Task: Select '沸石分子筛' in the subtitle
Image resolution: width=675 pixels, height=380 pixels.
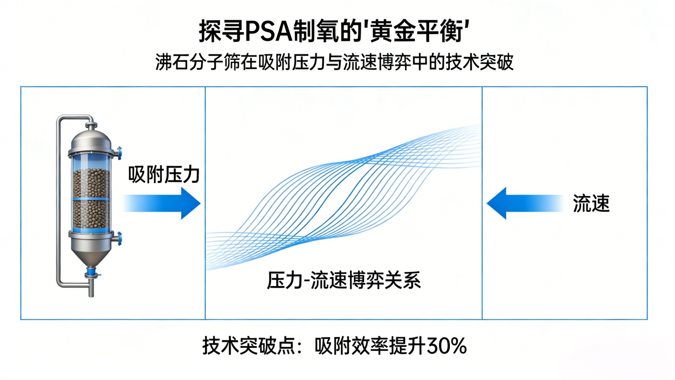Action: coord(198,62)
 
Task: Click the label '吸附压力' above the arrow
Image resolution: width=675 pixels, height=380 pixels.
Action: coord(164,174)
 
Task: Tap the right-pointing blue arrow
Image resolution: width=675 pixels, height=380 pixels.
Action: coord(161,203)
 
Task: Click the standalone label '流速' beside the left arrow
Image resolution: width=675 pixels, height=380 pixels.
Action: coord(591,203)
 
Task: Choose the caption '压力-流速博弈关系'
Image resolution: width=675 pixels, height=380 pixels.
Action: coord(344,280)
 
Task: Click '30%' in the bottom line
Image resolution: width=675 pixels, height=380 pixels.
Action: coord(447,346)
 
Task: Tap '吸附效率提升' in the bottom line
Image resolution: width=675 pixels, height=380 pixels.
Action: coord(370,346)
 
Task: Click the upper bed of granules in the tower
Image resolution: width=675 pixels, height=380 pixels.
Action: coord(91,183)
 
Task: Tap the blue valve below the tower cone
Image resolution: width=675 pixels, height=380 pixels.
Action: coord(91,273)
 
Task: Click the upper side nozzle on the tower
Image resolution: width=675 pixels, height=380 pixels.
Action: coord(118,153)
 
